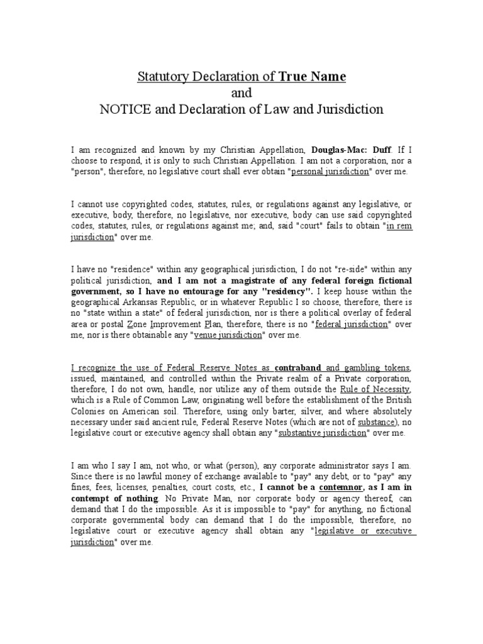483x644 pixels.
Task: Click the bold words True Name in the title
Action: pyautogui.click(x=313, y=77)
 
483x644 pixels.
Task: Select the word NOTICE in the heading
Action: pyautogui.click(x=121, y=109)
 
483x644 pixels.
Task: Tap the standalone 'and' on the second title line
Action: pyautogui.click(x=241, y=93)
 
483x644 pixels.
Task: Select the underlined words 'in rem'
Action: pyautogui.click(x=399, y=226)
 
